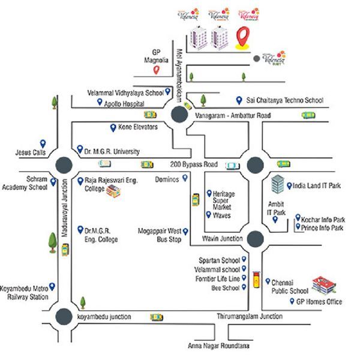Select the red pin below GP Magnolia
pos(155,70)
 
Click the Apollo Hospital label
pos(126,103)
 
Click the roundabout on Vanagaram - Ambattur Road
pos(178,115)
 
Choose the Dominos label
pos(167,179)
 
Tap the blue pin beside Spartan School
pos(245,260)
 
